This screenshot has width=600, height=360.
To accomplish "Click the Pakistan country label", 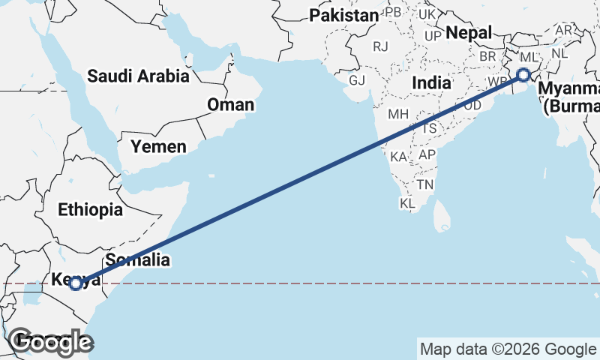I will [344, 15].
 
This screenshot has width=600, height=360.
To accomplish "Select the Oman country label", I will [230, 104].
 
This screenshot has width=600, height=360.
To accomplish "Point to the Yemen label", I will [158, 146].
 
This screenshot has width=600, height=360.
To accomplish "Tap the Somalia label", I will [138, 260].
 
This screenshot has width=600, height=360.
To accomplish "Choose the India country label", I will [430, 82].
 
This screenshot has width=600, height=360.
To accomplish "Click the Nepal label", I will [469, 33].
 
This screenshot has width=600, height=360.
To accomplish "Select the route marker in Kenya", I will [76, 283].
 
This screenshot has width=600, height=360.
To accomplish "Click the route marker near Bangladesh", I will [523, 75].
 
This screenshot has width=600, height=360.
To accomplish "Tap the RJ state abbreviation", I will [381, 46].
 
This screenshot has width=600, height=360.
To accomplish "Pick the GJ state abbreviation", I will [357, 80].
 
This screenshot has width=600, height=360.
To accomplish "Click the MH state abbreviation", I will [397, 115].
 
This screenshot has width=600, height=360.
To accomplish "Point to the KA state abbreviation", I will [398, 157].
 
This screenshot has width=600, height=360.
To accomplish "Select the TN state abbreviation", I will [425, 184].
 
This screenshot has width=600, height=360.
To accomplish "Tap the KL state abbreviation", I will [408, 203].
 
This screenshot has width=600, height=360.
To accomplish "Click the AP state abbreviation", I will [427, 154].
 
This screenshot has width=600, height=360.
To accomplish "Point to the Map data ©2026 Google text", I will [508, 349].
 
